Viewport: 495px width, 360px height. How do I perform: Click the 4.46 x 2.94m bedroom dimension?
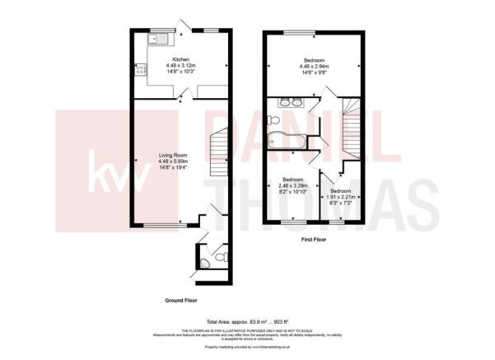click(314, 67)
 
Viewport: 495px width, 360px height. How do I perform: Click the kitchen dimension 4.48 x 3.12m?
click(181, 66)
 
